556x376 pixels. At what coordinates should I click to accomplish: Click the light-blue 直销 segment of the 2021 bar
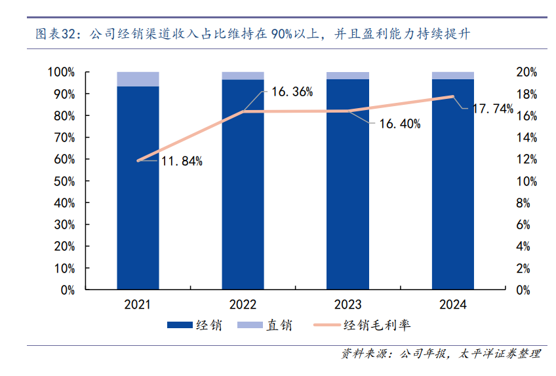pos(138,79)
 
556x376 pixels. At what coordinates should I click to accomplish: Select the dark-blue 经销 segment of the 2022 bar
pos(243,197)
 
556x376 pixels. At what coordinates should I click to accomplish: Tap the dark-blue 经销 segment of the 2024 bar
pos(452,197)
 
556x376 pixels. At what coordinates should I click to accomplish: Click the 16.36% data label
pos(292,92)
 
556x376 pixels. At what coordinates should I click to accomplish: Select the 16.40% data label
pos(399,123)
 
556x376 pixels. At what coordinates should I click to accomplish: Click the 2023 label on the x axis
pos(347,305)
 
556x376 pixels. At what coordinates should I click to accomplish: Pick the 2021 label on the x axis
pos(138,305)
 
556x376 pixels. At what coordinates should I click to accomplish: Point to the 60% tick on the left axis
pos(64,159)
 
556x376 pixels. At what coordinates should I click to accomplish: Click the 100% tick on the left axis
pos(61,72)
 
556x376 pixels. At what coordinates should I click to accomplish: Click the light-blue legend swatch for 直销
pos(248,325)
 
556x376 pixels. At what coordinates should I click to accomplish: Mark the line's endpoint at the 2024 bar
pos(452,97)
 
